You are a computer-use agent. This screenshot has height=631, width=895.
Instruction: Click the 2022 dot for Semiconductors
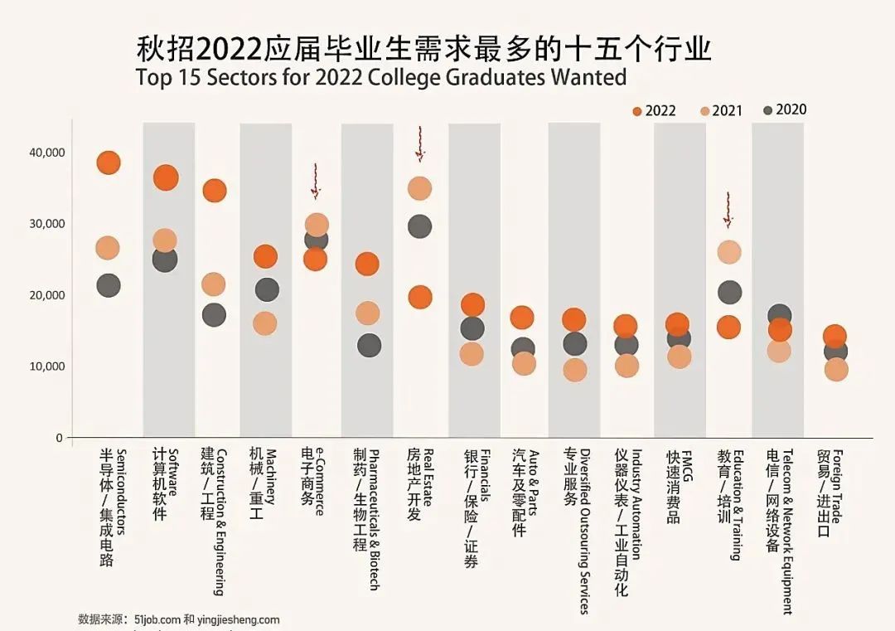coord(108,163)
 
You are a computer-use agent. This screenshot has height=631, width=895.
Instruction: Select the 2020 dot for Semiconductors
coord(108,285)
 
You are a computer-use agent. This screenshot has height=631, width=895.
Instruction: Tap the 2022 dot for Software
coord(166,177)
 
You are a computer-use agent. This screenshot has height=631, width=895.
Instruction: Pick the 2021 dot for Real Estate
coord(420,188)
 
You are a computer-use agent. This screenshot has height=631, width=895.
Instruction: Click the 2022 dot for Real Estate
coord(420,297)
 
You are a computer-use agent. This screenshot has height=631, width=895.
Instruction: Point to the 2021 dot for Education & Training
coord(728,252)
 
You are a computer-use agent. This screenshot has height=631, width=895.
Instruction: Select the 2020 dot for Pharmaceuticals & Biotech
coord(368,345)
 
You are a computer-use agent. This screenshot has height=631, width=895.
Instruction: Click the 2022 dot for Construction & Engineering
coord(214,191)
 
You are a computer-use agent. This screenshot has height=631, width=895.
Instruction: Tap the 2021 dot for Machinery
coord(264,323)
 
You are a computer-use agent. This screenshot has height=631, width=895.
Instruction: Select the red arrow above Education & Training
coord(728,210)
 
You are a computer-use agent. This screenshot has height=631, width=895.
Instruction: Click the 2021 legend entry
coord(720,111)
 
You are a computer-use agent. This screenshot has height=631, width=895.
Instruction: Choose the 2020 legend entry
coord(784,110)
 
